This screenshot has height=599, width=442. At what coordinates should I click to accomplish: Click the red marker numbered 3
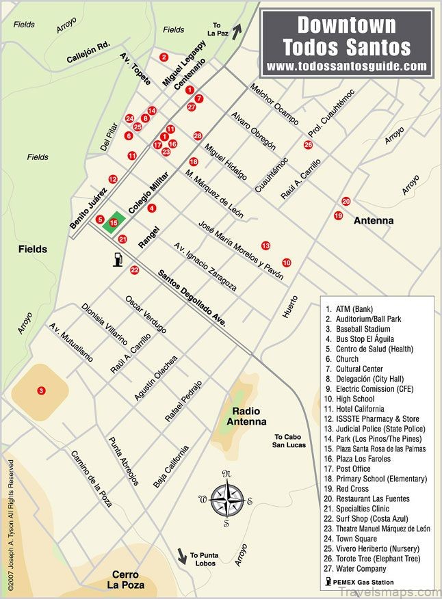tap(41, 390)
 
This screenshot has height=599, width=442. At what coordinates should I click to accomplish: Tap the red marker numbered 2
tap(164, 57)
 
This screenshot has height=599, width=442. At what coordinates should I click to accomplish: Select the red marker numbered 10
tap(286, 263)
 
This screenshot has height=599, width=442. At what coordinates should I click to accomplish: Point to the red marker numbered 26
tap(308, 145)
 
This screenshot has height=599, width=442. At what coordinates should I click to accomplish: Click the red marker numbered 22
tap(134, 270)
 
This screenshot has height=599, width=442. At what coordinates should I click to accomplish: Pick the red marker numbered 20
tap(346, 202)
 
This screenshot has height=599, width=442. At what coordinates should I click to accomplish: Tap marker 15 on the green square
tap(114, 222)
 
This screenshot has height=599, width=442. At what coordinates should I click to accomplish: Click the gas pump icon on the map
tap(118, 259)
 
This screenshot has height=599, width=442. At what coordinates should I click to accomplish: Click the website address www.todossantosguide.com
tap(347, 66)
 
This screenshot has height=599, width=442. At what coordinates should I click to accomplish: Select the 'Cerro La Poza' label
tap(129, 579)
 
